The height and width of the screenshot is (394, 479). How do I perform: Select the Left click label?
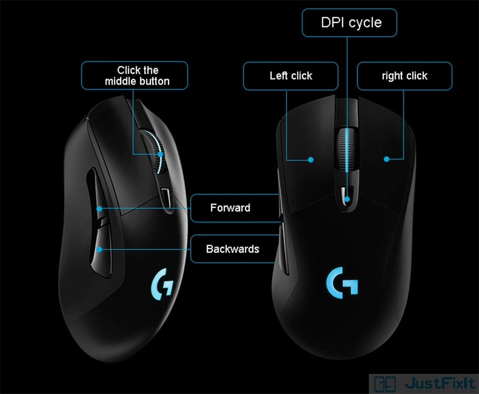[290, 76]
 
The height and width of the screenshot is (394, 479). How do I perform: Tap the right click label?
[404, 76]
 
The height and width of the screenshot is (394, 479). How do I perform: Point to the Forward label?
[230, 208]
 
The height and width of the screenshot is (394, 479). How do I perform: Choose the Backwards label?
[232, 249]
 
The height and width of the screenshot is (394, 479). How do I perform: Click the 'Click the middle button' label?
[137, 76]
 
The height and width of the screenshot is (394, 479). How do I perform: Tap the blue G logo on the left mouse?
[161, 285]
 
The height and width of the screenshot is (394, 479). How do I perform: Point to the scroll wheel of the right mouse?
[347, 149]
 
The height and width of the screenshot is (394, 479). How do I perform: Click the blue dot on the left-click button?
[311, 159]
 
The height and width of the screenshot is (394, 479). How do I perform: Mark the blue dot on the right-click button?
[386, 159]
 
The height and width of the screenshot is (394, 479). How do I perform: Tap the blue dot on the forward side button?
[99, 209]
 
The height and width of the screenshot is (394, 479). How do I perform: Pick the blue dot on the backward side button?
[99, 249]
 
